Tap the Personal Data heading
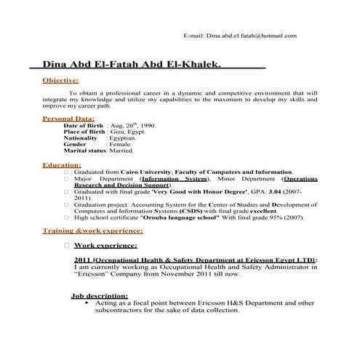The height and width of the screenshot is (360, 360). click(68, 118)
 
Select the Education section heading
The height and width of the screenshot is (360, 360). click(62, 165)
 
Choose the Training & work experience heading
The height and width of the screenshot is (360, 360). click(92, 231)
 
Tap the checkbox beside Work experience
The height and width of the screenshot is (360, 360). click(66, 246)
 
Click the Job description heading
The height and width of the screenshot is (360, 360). click(99, 296)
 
